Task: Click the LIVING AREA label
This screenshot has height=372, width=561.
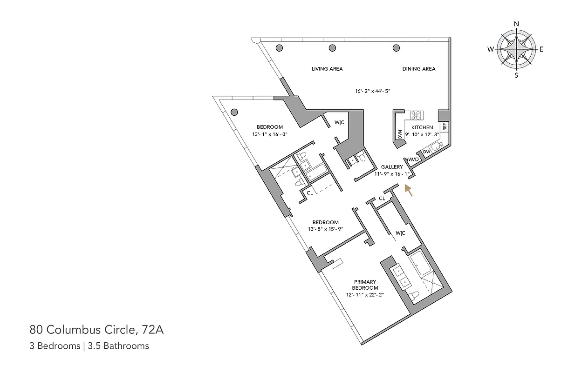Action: (327, 69)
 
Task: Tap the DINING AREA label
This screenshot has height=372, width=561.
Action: (419, 69)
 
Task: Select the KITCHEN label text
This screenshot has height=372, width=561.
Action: (422, 127)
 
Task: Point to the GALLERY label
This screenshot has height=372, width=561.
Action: (391, 167)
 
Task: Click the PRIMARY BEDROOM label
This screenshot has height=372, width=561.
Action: (365, 285)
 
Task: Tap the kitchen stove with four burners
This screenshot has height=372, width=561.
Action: (416, 115)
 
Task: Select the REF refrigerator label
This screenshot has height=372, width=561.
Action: (445, 126)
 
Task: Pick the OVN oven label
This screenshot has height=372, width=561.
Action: (400, 134)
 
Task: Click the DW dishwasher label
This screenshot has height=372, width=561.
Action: (426, 152)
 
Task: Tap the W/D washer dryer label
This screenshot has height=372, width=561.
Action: (414, 159)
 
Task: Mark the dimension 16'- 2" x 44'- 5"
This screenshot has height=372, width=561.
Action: (372, 92)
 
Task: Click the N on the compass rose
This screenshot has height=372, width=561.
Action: (516, 24)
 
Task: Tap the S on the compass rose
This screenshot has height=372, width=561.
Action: (516, 75)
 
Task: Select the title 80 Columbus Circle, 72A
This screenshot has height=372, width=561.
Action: (96, 331)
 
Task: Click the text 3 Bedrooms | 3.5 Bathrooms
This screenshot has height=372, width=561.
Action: (89, 346)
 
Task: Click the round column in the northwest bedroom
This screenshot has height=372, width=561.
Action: (234, 112)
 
